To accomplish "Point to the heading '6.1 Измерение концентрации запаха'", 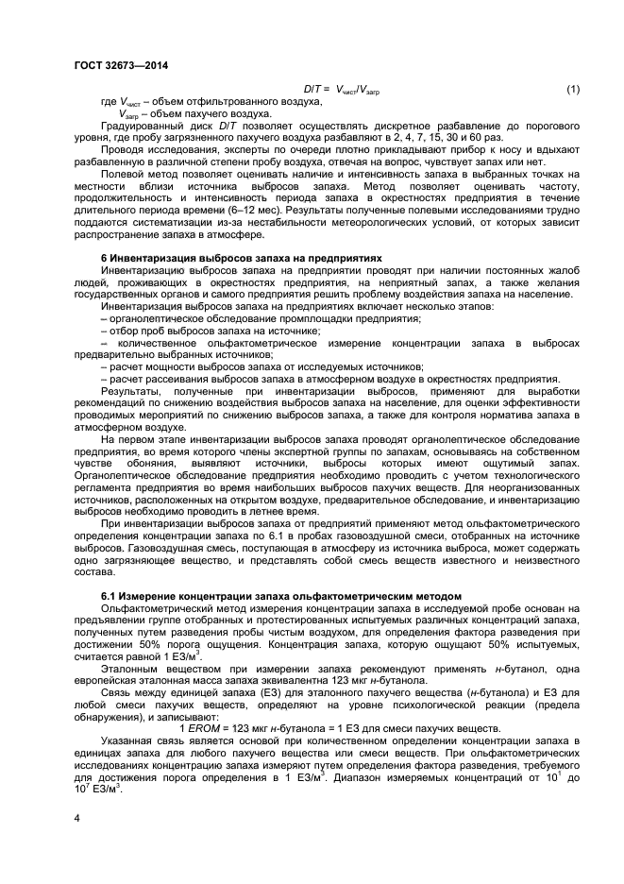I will pyautogui.click(x=281, y=597).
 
